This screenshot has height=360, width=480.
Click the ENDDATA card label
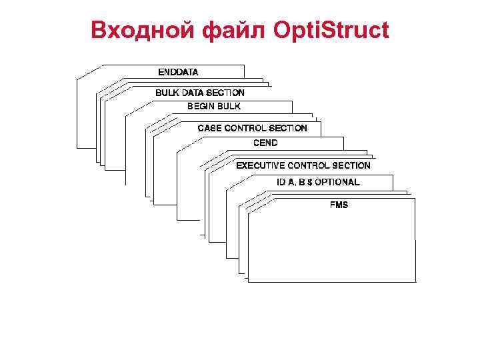(x=178, y=71)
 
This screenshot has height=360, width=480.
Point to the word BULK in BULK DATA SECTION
(x=167, y=93)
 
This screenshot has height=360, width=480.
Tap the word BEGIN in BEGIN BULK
(x=200, y=106)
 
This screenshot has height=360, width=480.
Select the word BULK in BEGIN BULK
(x=228, y=106)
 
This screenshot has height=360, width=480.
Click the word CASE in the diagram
(x=209, y=128)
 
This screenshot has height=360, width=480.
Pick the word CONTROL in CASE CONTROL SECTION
(x=245, y=128)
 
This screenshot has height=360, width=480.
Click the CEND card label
(x=265, y=143)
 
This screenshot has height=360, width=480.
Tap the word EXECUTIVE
(x=261, y=165)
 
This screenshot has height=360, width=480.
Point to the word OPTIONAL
(x=339, y=182)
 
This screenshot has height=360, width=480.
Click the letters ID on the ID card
(x=281, y=182)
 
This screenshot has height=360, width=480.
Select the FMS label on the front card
(x=339, y=205)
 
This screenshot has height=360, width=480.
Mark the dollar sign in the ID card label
(x=311, y=182)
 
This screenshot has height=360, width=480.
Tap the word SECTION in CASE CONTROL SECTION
(x=288, y=128)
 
